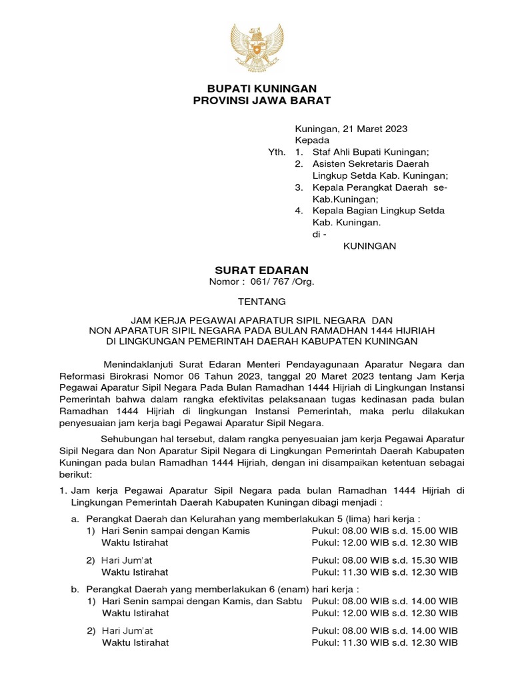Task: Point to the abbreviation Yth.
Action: (x=276, y=152)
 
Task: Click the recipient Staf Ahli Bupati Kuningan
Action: (x=375, y=152)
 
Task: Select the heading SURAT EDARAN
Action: (x=261, y=269)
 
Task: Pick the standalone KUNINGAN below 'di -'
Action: (x=369, y=246)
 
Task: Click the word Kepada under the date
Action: (x=312, y=140)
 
